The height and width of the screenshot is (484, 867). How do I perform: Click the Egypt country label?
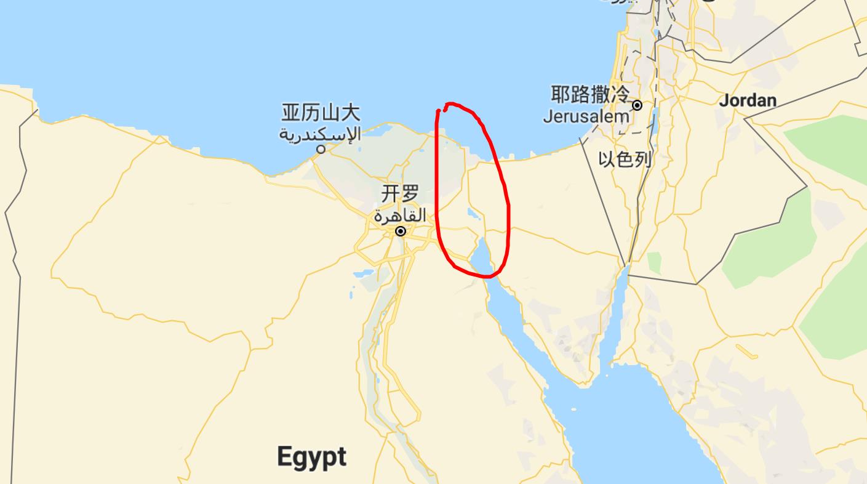point(311,458)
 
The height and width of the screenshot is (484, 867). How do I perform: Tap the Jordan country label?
point(748,100)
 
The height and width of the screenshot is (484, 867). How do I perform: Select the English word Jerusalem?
point(586,116)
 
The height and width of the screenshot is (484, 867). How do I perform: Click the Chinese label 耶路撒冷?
point(589,95)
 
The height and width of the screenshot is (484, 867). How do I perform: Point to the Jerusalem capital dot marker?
point(637,105)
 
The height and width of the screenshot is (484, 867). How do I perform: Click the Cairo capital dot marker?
point(401,232)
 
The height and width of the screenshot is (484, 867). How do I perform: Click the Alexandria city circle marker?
point(321,149)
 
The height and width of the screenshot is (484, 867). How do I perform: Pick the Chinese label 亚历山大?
point(321,113)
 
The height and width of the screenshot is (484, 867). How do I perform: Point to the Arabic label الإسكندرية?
point(320,132)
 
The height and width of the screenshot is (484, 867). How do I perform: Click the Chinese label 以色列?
point(625,160)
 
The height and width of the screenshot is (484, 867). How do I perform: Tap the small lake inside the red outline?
point(474,215)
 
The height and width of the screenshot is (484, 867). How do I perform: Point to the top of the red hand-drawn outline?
point(452,104)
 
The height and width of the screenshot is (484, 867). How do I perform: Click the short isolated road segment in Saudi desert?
point(746,352)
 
